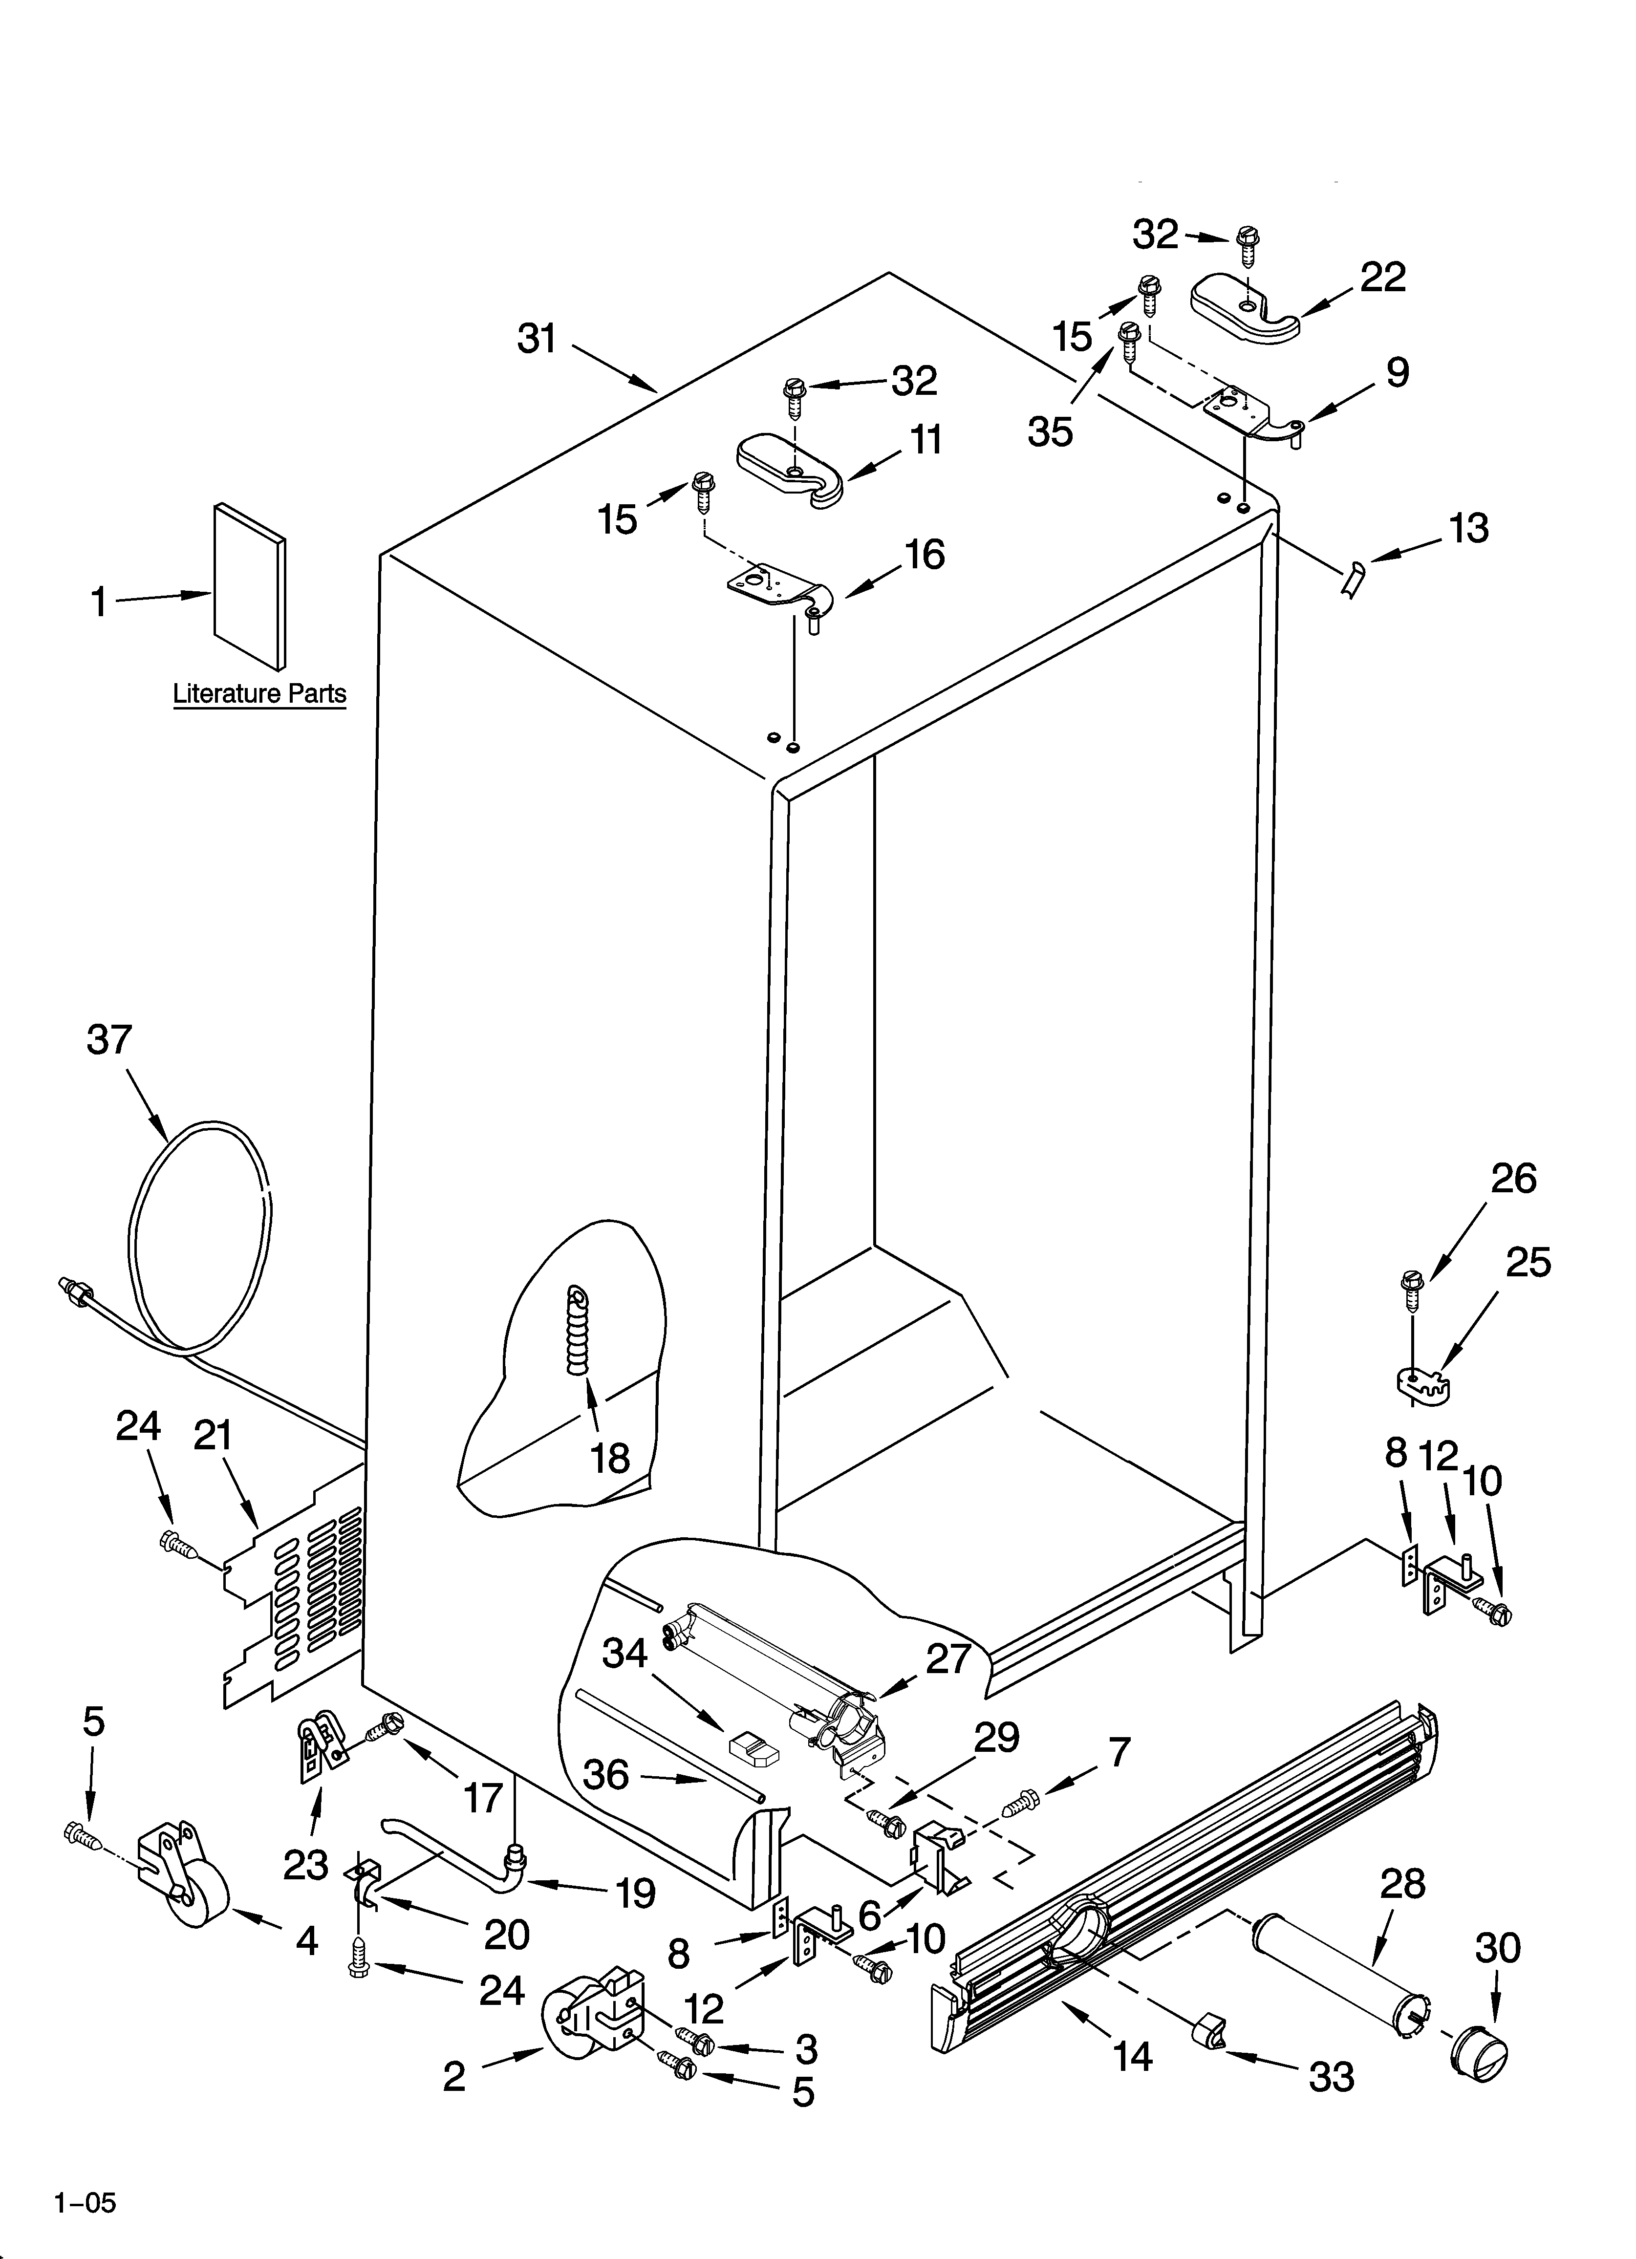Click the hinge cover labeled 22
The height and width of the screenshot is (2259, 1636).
click(1246, 310)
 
